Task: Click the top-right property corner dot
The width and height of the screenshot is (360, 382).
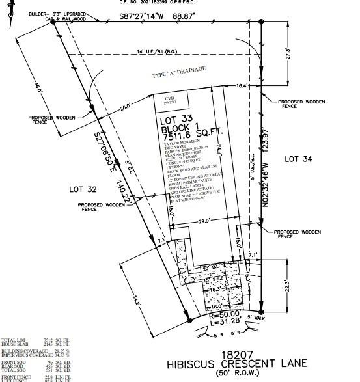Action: pos(261,21)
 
